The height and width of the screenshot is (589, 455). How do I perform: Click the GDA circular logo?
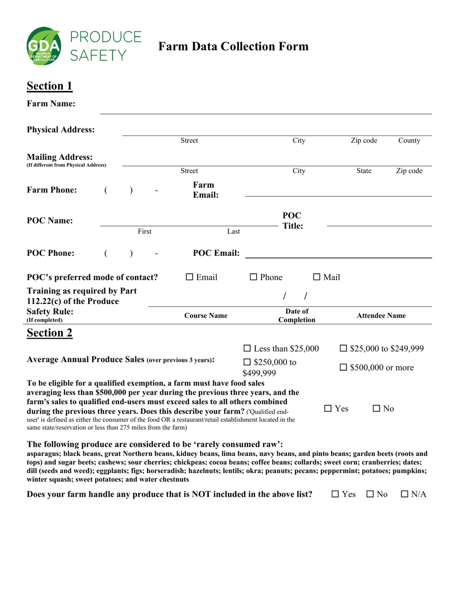click(x=44, y=46)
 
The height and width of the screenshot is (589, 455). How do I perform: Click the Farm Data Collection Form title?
click(x=233, y=46)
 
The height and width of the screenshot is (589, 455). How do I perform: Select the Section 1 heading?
click(x=50, y=86)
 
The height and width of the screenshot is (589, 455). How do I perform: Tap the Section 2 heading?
click(x=50, y=333)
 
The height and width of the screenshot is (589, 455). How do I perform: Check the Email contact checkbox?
click(x=190, y=277)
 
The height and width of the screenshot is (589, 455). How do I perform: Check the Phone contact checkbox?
click(x=254, y=277)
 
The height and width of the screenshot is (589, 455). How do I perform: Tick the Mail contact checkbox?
click(x=317, y=277)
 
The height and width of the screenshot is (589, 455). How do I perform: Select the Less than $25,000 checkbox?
click(x=247, y=349)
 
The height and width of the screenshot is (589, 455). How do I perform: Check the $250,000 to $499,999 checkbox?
click(x=247, y=362)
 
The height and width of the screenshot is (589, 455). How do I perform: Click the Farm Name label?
click(x=51, y=103)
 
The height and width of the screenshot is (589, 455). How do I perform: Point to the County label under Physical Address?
click(x=409, y=141)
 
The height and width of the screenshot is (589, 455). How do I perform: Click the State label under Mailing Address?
click(x=364, y=171)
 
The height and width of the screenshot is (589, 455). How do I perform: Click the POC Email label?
click(x=216, y=253)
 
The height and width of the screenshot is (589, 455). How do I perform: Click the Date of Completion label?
click(x=297, y=316)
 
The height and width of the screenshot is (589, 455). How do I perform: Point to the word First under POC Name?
click(x=145, y=231)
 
